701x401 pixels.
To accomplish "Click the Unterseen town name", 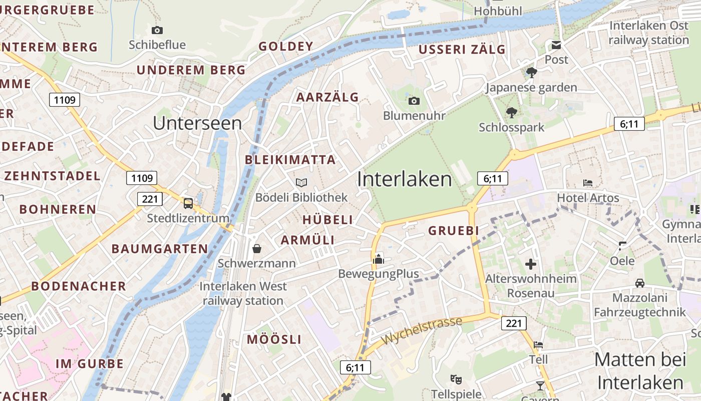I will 197,123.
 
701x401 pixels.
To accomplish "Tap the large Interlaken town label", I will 405,179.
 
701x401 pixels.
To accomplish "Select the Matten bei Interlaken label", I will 640,371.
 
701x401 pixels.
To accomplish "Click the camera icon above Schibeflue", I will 157,30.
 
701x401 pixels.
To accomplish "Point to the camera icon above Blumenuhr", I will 414,101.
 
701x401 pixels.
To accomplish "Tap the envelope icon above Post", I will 556,46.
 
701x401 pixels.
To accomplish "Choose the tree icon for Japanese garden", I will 532,73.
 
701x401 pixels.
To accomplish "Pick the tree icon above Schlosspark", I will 511,112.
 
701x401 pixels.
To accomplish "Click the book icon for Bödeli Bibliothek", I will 301,182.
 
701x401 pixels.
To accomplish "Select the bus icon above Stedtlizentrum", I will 188,203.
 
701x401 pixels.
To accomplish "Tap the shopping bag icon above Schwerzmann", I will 257,248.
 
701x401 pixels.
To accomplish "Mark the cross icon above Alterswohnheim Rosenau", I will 531,264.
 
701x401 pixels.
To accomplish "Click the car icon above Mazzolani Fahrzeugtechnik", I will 640,283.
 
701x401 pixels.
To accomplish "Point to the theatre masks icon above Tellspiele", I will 455,379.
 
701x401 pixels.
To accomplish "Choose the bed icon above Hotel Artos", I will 588,183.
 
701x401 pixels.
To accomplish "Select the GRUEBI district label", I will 454,231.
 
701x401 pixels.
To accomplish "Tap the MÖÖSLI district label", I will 274,339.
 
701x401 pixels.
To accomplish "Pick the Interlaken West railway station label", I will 243,294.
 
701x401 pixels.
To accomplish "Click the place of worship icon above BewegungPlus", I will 379,259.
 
